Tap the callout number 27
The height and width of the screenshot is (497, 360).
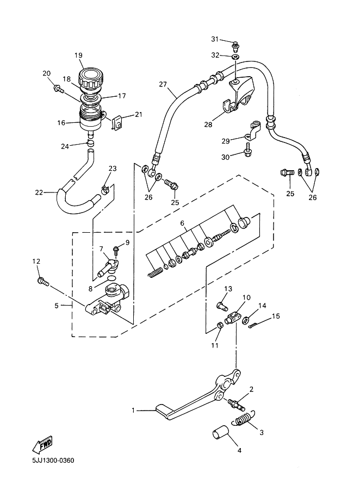(163, 84)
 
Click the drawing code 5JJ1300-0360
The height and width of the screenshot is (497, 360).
(49, 461)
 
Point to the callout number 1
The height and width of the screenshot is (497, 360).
(134, 411)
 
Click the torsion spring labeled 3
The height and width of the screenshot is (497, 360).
(244, 421)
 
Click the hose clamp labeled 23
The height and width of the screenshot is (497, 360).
(107, 190)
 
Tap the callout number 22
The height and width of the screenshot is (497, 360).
(38, 192)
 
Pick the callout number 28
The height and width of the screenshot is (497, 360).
(208, 125)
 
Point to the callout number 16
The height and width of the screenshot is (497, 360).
(60, 123)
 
